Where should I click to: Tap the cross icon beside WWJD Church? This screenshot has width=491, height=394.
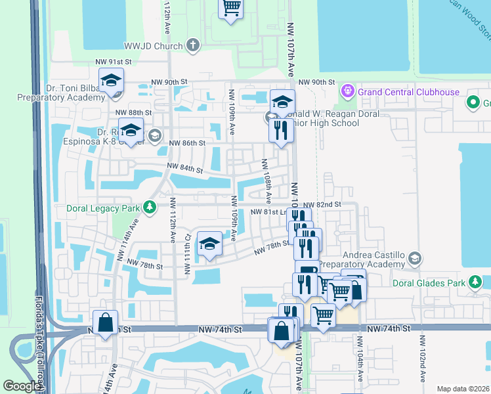point(192,45)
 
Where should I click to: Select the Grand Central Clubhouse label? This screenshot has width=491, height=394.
point(408,92)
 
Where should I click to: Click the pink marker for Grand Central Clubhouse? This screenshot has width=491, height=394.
point(347,91)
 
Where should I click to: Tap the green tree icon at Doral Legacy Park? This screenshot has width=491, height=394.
point(150,208)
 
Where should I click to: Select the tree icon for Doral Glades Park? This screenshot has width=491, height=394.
point(475,283)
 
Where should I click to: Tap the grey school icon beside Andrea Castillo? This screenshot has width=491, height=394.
point(414,258)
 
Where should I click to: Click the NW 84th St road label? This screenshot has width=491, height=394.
point(184,169)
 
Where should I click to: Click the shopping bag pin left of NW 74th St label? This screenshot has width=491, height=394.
point(105,323)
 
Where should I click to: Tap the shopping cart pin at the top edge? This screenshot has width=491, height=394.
point(230,9)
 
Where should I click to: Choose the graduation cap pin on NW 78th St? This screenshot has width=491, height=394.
point(209,244)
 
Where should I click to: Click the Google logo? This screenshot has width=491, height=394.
point(22,386)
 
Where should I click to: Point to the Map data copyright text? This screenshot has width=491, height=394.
point(462,388)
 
